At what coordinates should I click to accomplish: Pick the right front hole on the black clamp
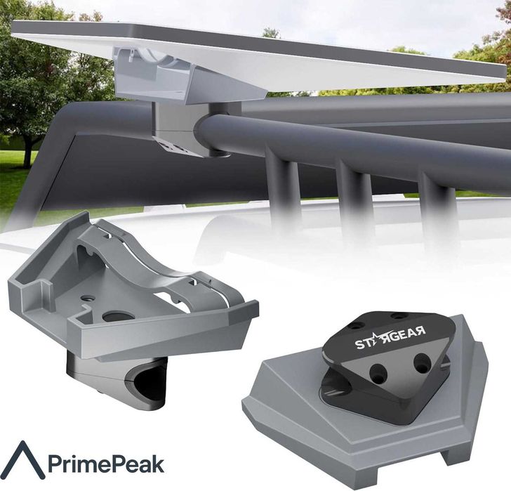point(421,363)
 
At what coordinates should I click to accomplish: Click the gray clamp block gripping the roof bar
point(172,126)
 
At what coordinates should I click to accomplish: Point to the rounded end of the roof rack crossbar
point(208,132)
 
